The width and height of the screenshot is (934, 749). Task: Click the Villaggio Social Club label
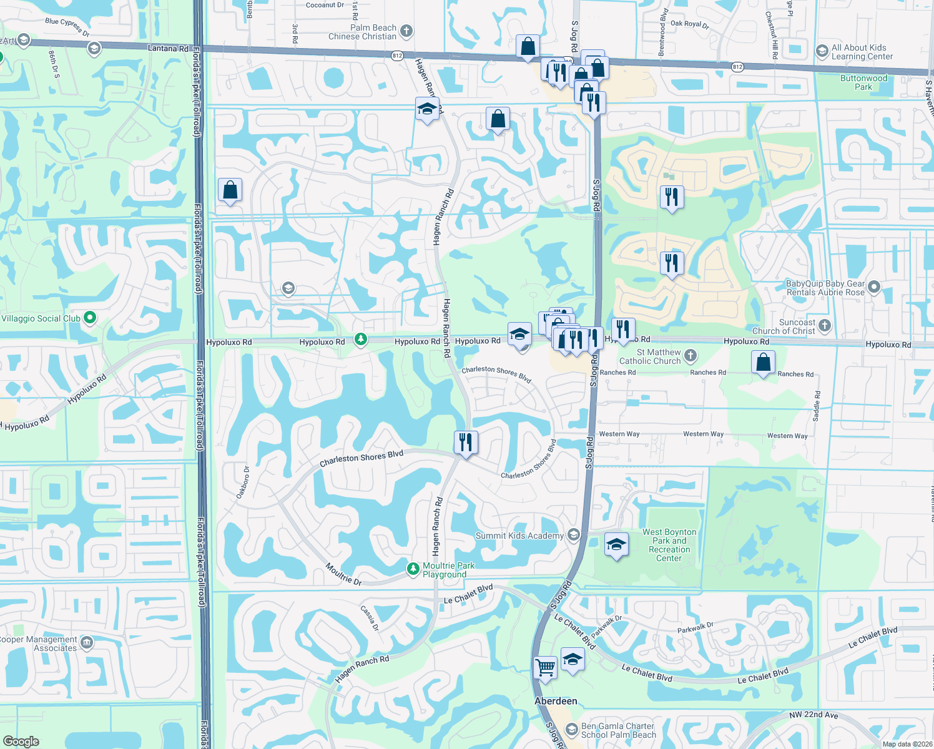click(x=41, y=318)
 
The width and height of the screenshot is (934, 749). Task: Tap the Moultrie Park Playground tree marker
click(x=413, y=569)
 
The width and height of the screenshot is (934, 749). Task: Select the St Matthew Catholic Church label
click(x=650, y=356)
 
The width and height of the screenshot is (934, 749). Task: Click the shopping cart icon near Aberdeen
click(x=546, y=667)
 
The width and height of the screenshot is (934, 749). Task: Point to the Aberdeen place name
click(x=556, y=701)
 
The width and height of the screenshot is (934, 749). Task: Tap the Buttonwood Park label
click(x=863, y=82)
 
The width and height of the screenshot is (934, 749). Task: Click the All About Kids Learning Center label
click(x=862, y=52)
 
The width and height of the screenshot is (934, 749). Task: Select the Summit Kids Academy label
click(x=519, y=536)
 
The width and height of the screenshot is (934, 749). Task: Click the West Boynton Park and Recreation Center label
click(x=669, y=545)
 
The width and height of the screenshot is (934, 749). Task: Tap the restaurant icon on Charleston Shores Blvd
click(x=466, y=443)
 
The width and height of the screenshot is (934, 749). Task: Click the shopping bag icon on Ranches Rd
click(x=763, y=362)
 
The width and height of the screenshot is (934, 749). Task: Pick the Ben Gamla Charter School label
click(x=618, y=730)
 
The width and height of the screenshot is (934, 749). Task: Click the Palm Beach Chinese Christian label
click(x=363, y=32)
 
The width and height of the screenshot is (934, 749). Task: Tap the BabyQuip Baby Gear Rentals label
click(x=825, y=288)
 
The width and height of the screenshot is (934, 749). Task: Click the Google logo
click(x=21, y=741)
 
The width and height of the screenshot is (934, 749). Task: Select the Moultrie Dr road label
click(x=343, y=574)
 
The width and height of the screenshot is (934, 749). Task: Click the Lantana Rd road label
click(x=168, y=48)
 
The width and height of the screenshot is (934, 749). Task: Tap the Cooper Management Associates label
click(x=39, y=644)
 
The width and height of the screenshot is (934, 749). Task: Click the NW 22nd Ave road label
click(x=814, y=715)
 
